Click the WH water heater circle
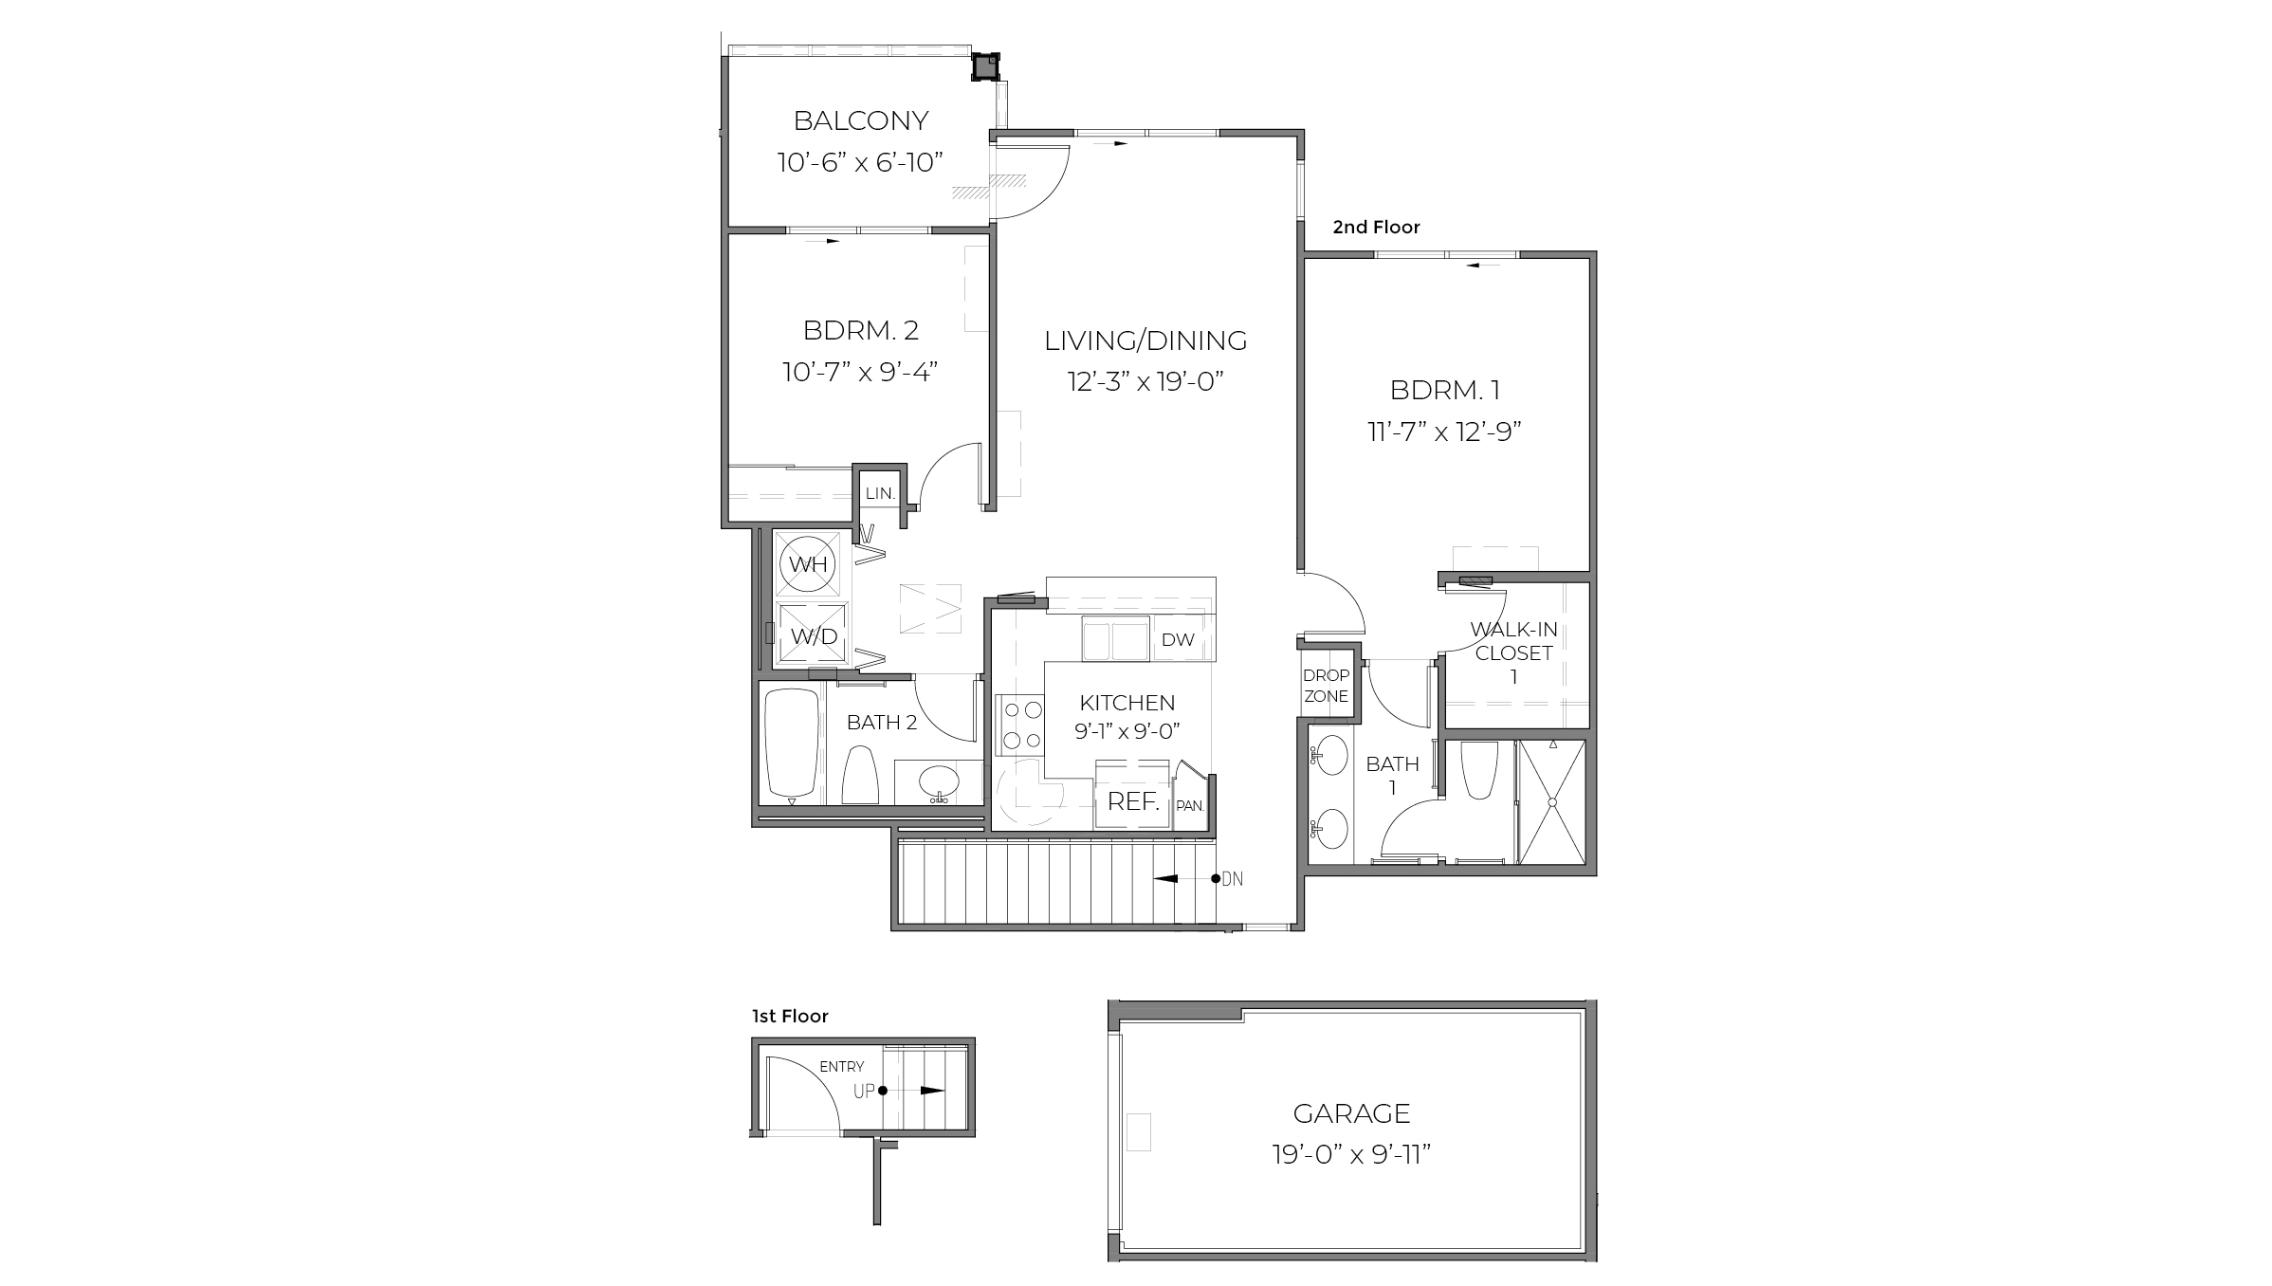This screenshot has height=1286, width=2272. pyautogui.click(x=809, y=564)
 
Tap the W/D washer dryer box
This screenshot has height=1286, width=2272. pyautogui.click(x=813, y=635)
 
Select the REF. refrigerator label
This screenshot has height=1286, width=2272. pyautogui.click(x=1133, y=801)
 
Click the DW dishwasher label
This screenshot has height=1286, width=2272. pyautogui.click(x=1178, y=640)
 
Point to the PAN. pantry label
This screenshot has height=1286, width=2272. pyautogui.click(x=1190, y=806)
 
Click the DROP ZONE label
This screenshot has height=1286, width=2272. pyautogui.click(x=1326, y=685)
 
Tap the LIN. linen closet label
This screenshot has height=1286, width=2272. pyautogui.click(x=880, y=493)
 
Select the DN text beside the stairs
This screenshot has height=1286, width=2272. pyautogui.click(x=1232, y=879)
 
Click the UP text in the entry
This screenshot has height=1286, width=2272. pyautogui.click(x=864, y=1092)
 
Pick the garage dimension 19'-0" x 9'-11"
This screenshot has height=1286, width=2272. pyautogui.click(x=1350, y=1155)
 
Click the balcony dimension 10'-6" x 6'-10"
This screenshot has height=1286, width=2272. pyautogui.click(x=860, y=163)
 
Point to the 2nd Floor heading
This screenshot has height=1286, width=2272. pyautogui.click(x=1376, y=228)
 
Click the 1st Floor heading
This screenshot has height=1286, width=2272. pyautogui.click(x=790, y=1017)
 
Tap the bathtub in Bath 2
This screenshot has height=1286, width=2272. pyautogui.click(x=792, y=743)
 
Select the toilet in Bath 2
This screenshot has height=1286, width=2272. pyautogui.click(x=860, y=775)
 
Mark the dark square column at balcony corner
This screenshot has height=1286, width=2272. pyautogui.click(x=985, y=66)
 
